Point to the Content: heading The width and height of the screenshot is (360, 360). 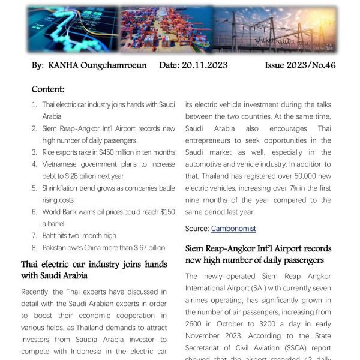click(48, 89)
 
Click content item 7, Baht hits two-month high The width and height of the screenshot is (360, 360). click(79, 236)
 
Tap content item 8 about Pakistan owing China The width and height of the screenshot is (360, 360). click(103, 248)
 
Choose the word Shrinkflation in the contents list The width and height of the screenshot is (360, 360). click(63, 188)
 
